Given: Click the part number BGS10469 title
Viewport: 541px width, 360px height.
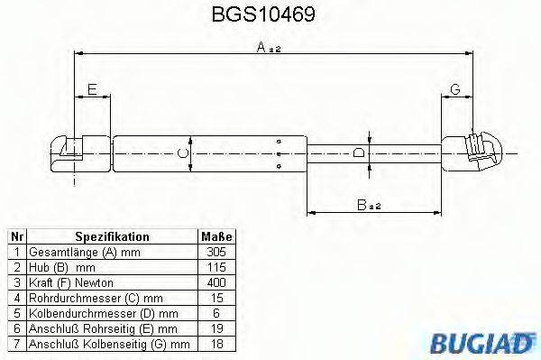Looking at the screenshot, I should pos(270,15).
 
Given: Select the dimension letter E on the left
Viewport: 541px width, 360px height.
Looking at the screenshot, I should pos(90,88).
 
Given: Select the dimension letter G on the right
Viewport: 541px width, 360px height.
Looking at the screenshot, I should pos(454,88).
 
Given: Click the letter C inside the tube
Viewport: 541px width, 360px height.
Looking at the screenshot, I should pos(183,153).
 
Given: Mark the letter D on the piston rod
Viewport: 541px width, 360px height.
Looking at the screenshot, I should pos(360,152).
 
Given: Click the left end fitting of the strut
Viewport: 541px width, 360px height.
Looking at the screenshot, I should pos(76,152).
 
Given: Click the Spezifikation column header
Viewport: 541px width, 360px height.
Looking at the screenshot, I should pos(112,236).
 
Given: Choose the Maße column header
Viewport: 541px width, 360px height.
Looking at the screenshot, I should pos(215,236).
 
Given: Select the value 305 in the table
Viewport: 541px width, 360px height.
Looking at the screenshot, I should pos(215,252).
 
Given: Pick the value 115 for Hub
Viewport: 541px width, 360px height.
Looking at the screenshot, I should pos(215,267).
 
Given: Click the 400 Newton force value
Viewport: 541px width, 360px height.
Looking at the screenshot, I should pos(215,282).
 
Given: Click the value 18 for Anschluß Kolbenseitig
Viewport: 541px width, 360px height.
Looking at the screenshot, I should pos(215,344).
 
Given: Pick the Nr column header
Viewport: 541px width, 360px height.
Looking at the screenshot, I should pos(15,236).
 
